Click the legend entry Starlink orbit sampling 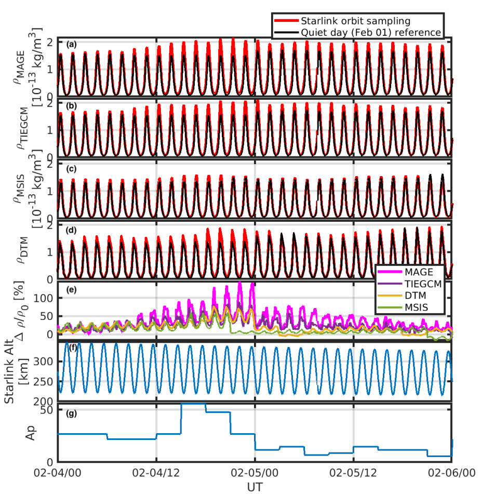pyautogui.click(x=356, y=21)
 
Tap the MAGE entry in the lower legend pyautogui.click(x=418, y=272)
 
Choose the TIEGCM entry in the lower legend pyautogui.click(x=422, y=284)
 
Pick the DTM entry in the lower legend pyautogui.click(x=416, y=296)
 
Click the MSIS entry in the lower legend pyautogui.click(x=417, y=308)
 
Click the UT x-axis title pyautogui.click(x=255, y=487)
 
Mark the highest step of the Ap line pyautogui.click(x=193, y=404)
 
